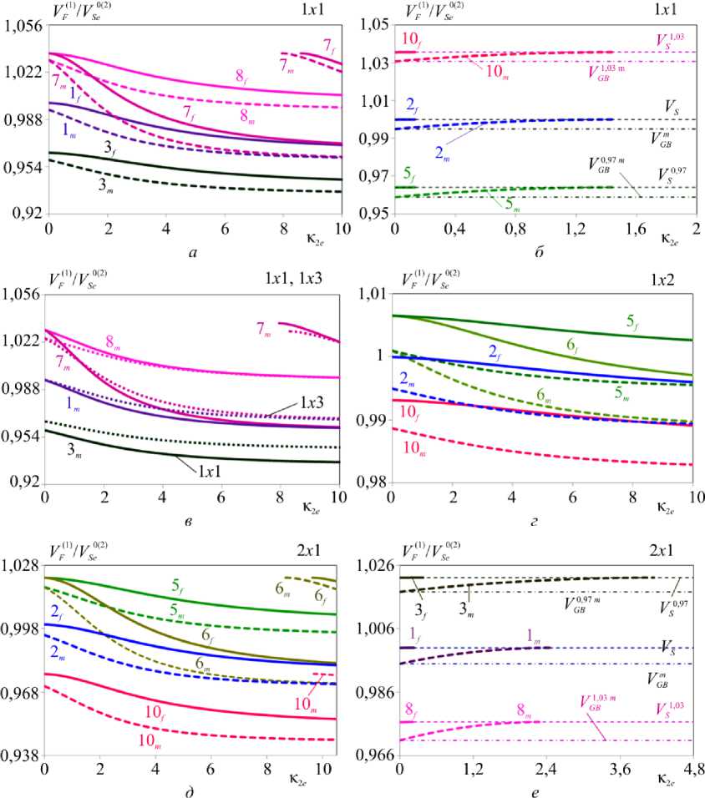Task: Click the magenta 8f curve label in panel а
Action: click(241, 76)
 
